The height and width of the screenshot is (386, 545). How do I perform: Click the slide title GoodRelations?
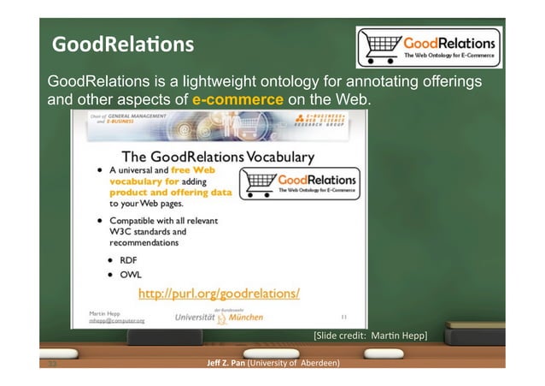(x=122, y=44)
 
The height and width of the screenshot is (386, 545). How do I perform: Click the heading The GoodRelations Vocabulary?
(x=218, y=157)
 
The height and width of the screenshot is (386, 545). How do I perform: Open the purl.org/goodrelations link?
(x=219, y=294)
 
